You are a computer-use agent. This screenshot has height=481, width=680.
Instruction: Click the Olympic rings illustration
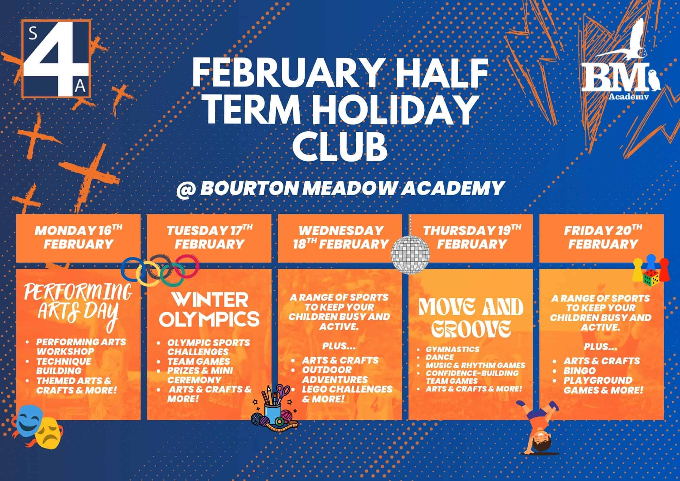160,271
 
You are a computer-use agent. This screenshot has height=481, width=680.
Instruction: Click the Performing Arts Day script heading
78,303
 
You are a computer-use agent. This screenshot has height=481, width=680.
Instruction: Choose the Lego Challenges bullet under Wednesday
347,394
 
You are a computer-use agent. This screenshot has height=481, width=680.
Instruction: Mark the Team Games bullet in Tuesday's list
199,361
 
